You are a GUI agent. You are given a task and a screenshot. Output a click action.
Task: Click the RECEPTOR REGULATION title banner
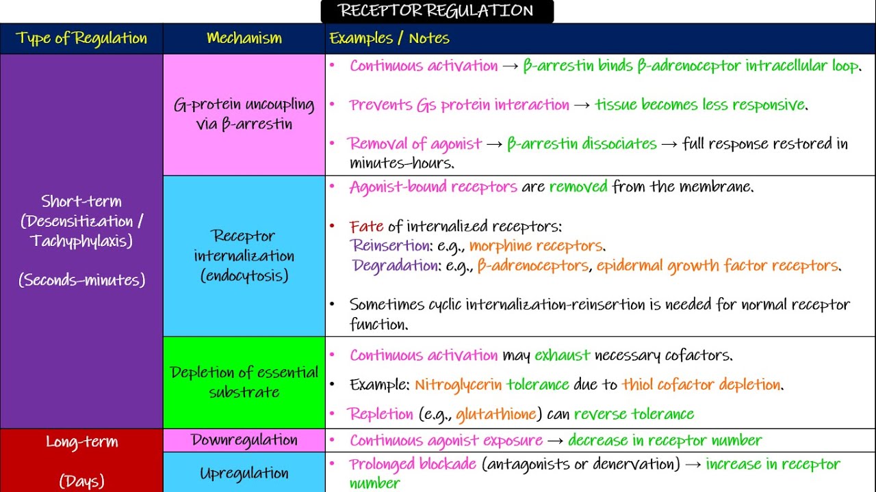click(x=437, y=11)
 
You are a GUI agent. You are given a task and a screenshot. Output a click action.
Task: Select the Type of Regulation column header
click(x=81, y=38)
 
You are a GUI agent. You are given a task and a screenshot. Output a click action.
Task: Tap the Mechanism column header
click(x=244, y=38)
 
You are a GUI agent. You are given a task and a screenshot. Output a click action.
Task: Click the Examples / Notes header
click(x=389, y=38)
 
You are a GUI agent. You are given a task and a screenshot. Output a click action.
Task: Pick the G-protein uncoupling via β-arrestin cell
click(x=244, y=114)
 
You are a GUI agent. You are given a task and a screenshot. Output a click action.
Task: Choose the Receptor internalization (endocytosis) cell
click(x=244, y=256)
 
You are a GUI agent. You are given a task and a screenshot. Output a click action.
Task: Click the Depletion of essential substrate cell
click(x=244, y=382)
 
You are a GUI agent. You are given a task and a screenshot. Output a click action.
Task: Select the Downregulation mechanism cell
click(x=244, y=440)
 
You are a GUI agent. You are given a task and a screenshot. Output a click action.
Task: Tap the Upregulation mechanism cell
click(x=244, y=473)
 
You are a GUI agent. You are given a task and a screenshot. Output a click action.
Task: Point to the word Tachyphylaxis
click(x=81, y=241)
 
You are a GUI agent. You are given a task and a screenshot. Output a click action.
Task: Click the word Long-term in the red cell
click(x=81, y=441)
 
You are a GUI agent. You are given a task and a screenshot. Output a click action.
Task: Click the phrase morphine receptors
click(x=537, y=246)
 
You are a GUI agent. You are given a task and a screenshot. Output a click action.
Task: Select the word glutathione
click(x=495, y=414)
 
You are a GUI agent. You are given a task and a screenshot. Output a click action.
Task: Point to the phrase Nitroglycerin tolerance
click(x=491, y=385)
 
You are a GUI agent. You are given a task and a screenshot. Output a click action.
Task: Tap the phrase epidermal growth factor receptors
click(x=718, y=266)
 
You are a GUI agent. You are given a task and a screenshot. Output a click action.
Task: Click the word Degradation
click(x=395, y=266)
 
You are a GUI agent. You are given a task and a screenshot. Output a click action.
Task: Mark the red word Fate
click(x=366, y=226)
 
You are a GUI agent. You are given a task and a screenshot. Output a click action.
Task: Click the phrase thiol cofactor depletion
click(x=701, y=385)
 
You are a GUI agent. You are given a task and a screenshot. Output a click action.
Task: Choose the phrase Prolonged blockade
click(x=413, y=465)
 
